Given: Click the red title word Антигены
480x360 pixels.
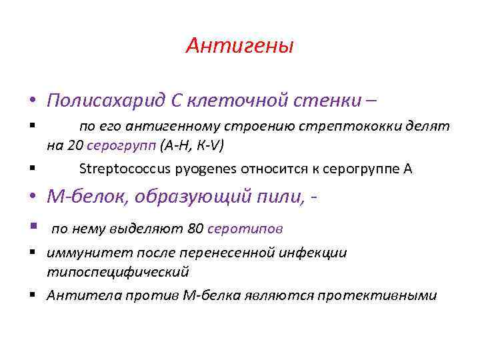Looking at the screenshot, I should click(x=240, y=46).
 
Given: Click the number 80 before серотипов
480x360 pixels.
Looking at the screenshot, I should click(x=196, y=229).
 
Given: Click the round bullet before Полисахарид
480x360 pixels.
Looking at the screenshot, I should click(x=33, y=101).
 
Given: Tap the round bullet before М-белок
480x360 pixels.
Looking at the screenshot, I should click(x=33, y=197).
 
